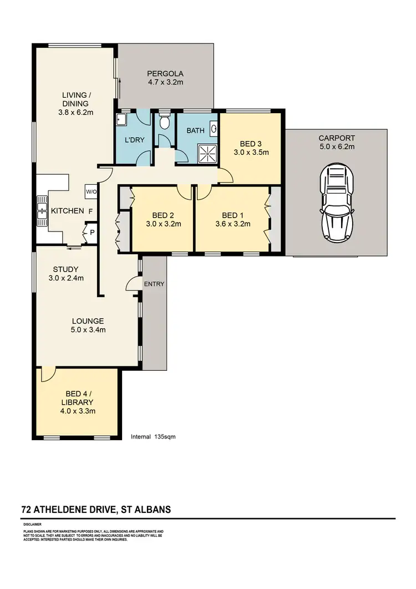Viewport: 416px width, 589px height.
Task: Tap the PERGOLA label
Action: click(x=165, y=73)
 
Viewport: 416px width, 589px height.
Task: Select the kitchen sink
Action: click(x=42, y=211)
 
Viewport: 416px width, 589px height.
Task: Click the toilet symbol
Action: click(x=164, y=123)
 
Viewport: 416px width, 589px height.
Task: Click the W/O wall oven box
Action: click(x=91, y=192)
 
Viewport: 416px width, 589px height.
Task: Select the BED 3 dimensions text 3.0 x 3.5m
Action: click(x=251, y=152)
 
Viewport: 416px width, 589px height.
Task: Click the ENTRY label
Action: click(x=154, y=284)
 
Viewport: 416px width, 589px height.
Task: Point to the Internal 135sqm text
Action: click(x=153, y=437)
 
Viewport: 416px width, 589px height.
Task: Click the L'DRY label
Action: click(x=135, y=140)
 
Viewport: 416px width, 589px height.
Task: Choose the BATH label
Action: click(x=195, y=131)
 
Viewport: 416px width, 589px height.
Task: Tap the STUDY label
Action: click(x=66, y=269)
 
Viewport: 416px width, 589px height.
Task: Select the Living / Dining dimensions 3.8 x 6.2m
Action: click(x=76, y=112)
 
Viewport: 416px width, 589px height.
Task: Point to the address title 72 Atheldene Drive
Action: click(x=96, y=509)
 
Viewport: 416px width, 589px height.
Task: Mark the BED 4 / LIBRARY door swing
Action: click(x=46, y=375)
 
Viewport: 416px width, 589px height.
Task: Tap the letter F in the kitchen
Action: click(x=90, y=211)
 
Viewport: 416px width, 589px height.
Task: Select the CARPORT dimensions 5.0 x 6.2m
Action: click(x=336, y=147)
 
